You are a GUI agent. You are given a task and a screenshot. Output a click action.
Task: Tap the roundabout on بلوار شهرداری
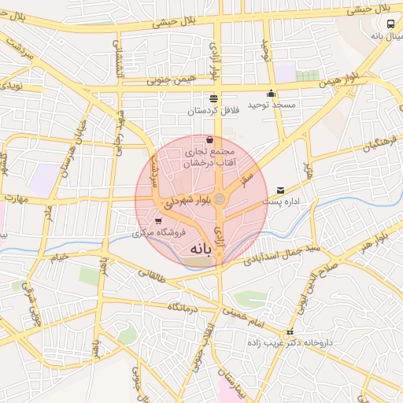pyautogui.click(x=220, y=200)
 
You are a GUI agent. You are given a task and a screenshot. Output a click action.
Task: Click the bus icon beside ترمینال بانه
pyautogui.click(x=392, y=24)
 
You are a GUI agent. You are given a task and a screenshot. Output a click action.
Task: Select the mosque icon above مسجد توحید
pyautogui.click(x=271, y=93)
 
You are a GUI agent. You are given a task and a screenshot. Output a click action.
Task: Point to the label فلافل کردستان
pyautogui.click(x=213, y=111)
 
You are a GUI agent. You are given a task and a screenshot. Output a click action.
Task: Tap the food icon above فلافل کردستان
pyautogui.click(x=213, y=99)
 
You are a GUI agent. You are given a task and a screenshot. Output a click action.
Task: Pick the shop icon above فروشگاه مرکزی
pyautogui.click(x=160, y=221)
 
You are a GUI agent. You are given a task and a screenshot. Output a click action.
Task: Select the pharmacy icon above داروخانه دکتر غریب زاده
pyautogui.click(x=290, y=332)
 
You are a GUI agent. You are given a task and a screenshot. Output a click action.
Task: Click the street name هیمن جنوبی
pyautogui.click(x=168, y=79)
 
